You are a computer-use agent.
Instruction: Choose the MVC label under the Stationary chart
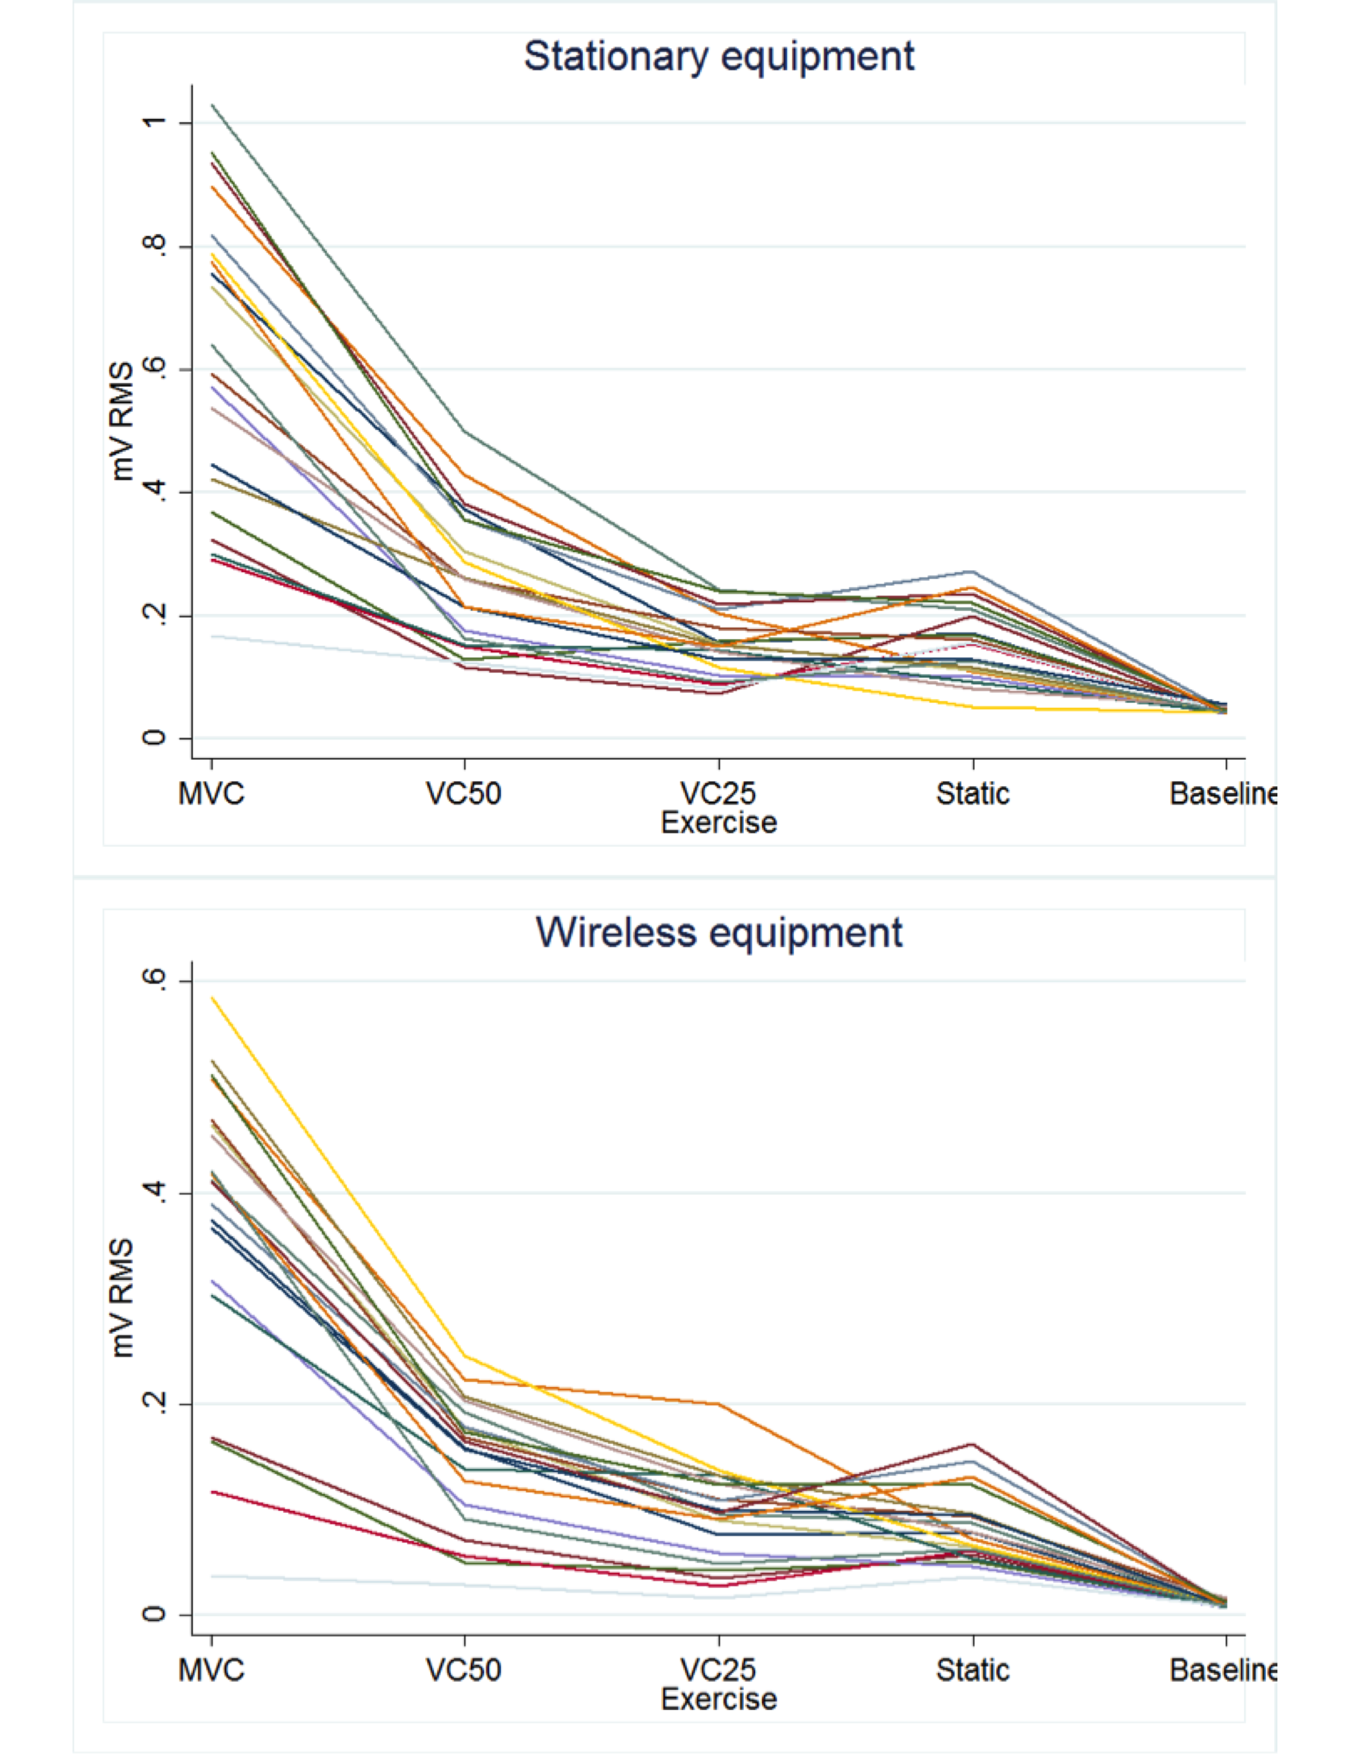[x=211, y=794]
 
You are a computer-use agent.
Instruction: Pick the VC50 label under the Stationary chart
[x=464, y=794]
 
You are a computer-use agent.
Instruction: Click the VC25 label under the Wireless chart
[x=718, y=1670]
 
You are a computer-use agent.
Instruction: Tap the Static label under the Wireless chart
[x=972, y=1670]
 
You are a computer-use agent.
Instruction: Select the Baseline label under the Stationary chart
[x=1222, y=794]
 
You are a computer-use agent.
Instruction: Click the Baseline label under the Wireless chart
[x=1222, y=1670]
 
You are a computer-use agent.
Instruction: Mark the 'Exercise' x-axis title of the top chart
[x=718, y=823]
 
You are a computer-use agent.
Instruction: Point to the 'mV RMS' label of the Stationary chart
[x=122, y=421]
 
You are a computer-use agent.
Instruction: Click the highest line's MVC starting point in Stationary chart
[x=212, y=105]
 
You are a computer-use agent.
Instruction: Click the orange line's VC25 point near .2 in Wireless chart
[x=718, y=1404]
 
